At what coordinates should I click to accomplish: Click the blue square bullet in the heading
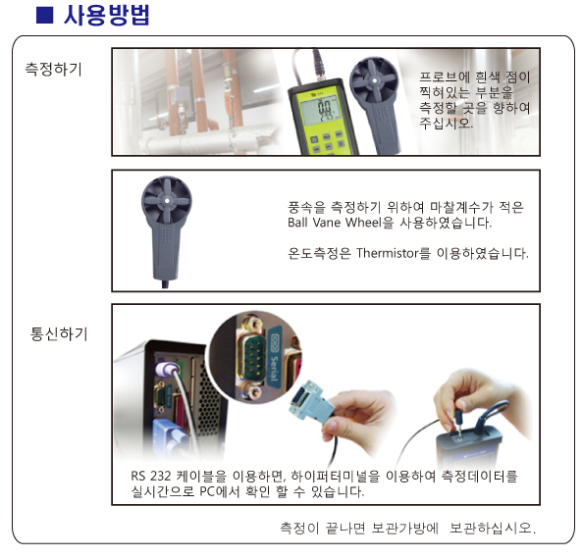44,16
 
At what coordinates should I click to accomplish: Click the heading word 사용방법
106,16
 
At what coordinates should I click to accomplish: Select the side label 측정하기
53,70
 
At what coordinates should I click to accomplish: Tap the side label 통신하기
59,333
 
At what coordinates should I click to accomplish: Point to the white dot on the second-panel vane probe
167,201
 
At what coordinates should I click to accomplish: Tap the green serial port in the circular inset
253,358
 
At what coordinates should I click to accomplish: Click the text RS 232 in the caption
151,476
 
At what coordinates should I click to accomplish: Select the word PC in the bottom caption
207,491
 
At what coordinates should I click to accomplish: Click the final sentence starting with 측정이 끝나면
407,528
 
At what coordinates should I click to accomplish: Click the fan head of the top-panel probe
374,80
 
